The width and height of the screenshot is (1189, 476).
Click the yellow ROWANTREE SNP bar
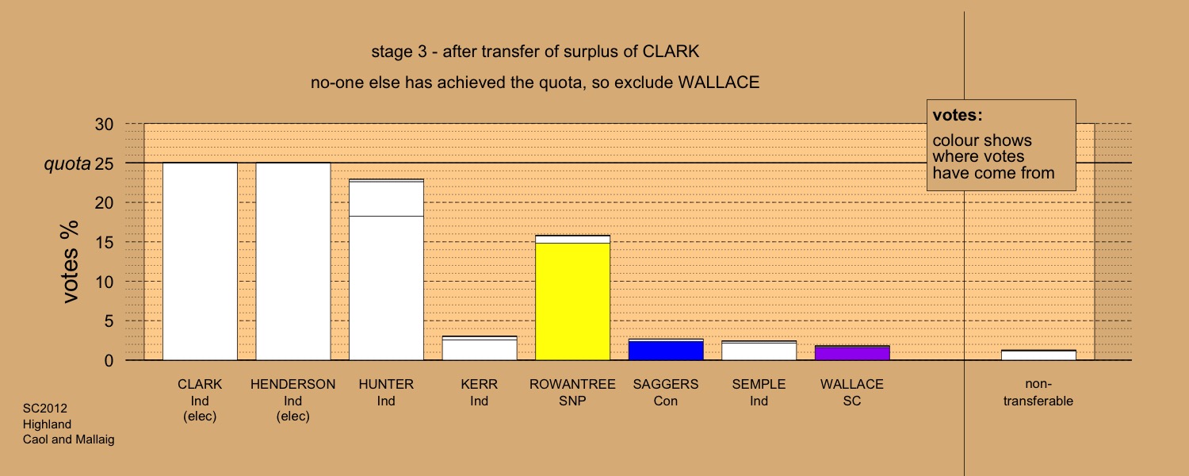point(573,297)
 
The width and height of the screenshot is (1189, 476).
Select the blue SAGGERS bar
point(666,350)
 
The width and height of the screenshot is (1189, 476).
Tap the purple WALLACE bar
point(852,353)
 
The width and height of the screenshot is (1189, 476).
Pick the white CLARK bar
point(200,261)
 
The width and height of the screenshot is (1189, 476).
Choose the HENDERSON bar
point(293,261)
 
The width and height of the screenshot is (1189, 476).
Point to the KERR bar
point(480,348)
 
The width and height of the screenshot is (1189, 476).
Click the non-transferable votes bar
point(1038,355)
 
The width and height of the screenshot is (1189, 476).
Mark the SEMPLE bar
point(759,351)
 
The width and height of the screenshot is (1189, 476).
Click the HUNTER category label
point(386,392)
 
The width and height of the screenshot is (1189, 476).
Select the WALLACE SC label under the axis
point(852,392)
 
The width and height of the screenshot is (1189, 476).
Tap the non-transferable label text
point(1038,392)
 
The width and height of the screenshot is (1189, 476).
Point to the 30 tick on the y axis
point(104,125)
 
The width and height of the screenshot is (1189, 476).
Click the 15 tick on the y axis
point(104,242)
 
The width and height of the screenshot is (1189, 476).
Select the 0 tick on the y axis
point(109,361)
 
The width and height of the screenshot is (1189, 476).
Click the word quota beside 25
point(67,164)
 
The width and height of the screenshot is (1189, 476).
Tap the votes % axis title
point(70,261)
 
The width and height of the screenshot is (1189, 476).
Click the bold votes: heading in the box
point(958,115)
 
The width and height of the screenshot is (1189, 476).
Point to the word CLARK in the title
point(671,52)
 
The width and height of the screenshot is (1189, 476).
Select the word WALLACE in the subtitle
point(719,83)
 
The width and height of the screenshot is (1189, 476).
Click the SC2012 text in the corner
point(45,409)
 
